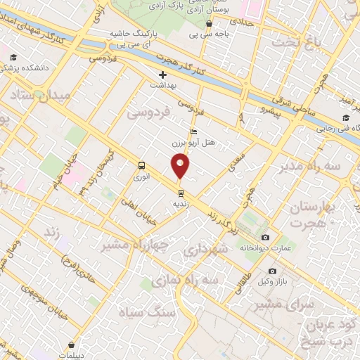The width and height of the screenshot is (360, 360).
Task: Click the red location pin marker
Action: click(181, 166)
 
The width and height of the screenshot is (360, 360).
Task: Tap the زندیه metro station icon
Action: click(181, 192)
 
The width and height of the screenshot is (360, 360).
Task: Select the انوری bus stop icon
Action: click(142, 167)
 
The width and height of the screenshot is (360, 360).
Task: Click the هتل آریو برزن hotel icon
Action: click(194, 131)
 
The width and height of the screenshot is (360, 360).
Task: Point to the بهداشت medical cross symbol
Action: click(162, 74)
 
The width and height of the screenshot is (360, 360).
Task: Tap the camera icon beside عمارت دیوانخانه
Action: click(265, 237)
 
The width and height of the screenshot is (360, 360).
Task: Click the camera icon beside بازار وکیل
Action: click(272, 271)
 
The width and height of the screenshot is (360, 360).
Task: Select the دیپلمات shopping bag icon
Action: click(72, 344)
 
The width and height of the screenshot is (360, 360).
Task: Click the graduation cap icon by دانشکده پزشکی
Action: click(13, 58)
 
